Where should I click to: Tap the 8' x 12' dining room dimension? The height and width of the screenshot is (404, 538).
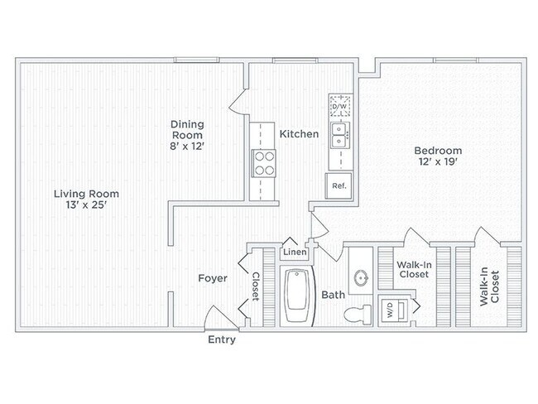tap(187, 147)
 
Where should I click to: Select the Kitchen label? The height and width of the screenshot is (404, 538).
tap(299, 134)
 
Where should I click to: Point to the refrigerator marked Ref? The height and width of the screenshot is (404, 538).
tap(339, 185)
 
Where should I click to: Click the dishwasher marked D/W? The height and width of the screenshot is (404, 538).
tap(340, 106)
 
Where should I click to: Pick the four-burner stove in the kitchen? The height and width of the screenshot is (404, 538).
tap(264, 163)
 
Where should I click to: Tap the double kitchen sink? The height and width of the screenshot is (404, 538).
tap(340, 135)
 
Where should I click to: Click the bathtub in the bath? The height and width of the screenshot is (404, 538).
tap(297, 296)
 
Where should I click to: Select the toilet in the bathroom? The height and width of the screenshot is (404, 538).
tap(358, 314)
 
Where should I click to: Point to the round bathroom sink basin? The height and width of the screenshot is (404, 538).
tap(361, 278)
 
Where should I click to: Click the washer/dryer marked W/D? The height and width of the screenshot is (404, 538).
tap(394, 310)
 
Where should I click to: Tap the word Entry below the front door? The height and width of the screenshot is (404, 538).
tap(222, 339)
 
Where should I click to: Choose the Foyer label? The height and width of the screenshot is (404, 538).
tap(213, 278)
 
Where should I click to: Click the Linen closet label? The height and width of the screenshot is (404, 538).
tap(295, 252)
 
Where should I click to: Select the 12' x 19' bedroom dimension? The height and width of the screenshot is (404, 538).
tap(438, 161)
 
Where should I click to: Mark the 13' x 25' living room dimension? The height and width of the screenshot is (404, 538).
tap(86, 205)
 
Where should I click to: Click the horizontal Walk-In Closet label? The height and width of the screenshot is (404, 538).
tap(414, 270)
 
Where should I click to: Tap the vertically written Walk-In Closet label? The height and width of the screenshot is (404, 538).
tap(489, 286)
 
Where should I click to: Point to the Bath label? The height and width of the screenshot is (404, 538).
tap(334, 295)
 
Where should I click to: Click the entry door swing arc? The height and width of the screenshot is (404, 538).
tap(208, 314)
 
